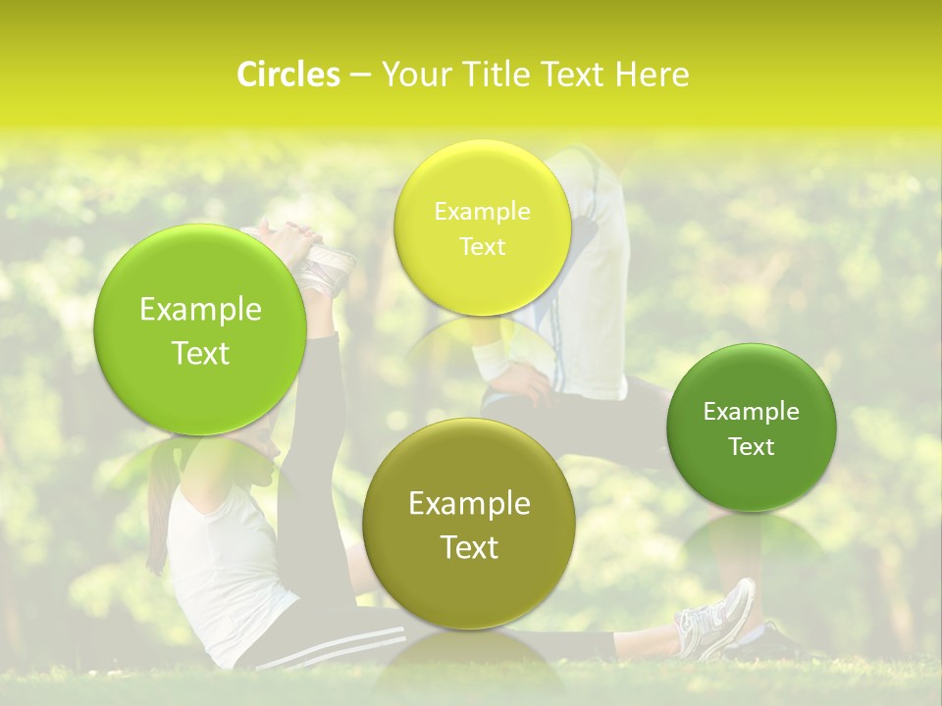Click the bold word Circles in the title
coord(288,75)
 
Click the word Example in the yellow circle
coord(482,212)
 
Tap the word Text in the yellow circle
coord(482,247)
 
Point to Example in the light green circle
coord(200,310)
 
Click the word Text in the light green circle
coord(200,353)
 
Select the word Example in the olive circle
coord(469,504)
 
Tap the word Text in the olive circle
coord(469,547)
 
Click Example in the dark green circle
coord(751,412)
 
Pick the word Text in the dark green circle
coord(751,447)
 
